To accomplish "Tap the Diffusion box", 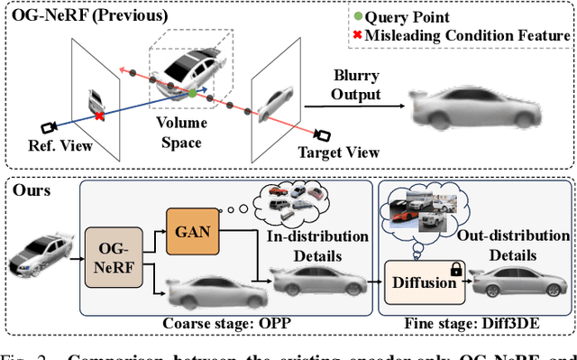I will (x=424, y=282).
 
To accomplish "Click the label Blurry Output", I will (x=353, y=86).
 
